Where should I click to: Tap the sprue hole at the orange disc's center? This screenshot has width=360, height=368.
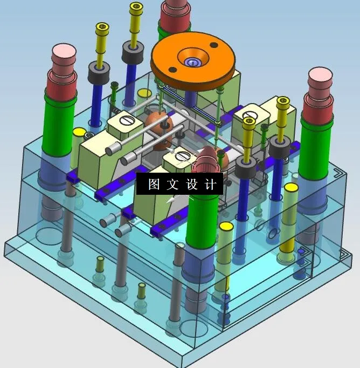tap(193, 62)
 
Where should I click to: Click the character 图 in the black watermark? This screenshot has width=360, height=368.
tap(154, 184)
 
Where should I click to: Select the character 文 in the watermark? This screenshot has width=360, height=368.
tap(172, 184)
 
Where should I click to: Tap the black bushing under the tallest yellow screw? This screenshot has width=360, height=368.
tap(132, 52)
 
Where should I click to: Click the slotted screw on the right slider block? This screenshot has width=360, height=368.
tap(252, 114)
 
